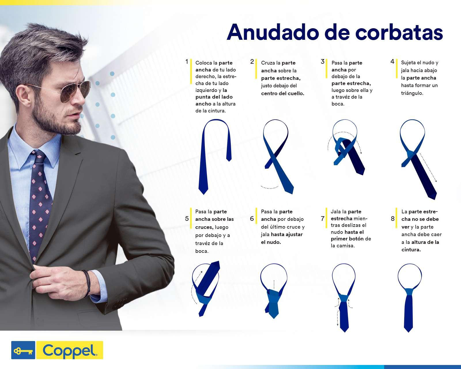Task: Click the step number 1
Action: (x=187, y=62)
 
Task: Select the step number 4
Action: (x=392, y=62)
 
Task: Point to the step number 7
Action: (x=323, y=219)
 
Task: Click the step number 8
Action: (x=393, y=219)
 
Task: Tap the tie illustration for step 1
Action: (x=215, y=156)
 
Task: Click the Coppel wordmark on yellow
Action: (x=69, y=350)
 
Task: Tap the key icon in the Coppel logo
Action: (x=23, y=350)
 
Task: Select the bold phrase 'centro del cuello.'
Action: (x=283, y=93)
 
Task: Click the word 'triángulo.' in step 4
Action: (x=412, y=93)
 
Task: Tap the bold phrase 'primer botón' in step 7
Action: (x=347, y=239)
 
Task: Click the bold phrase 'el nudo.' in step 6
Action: (x=271, y=242)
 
